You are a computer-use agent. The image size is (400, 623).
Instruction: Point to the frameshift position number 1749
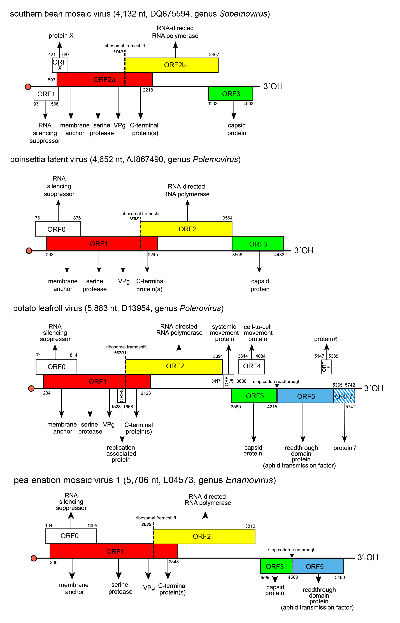[x=118, y=52]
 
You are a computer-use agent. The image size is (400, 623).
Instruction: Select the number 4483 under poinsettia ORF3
[x=279, y=255]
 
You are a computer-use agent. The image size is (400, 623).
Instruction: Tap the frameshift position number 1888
[x=134, y=219]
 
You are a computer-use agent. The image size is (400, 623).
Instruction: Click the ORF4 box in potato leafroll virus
[x=251, y=366]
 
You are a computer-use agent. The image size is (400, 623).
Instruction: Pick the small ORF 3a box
[x=229, y=381]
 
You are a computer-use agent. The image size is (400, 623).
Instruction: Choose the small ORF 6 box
[x=326, y=367]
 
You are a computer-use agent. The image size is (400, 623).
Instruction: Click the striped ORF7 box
[x=344, y=396]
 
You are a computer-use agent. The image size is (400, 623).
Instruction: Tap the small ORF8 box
[x=121, y=396]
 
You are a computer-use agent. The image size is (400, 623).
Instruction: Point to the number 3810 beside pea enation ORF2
[x=250, y=526]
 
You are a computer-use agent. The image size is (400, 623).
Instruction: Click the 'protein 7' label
[x=345, y=448]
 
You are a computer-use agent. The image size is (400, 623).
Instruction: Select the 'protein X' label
[x=61, y=36]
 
